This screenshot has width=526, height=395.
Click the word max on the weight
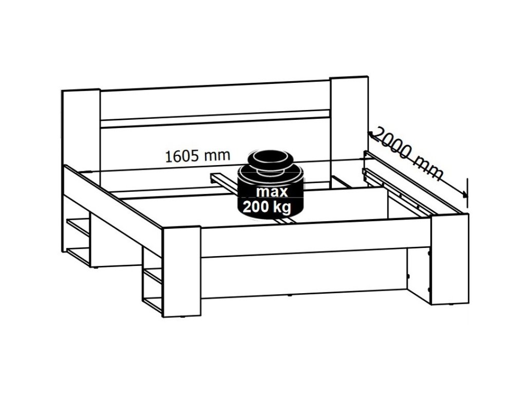(272, 192)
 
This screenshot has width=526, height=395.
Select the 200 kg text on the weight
(267, 207)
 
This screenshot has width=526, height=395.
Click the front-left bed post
(181, 272)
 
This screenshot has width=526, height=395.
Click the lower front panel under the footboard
(304, 274)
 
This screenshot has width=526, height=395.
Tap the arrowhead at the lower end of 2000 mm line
(464, 193)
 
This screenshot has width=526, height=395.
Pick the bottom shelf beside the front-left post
(153, 303)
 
